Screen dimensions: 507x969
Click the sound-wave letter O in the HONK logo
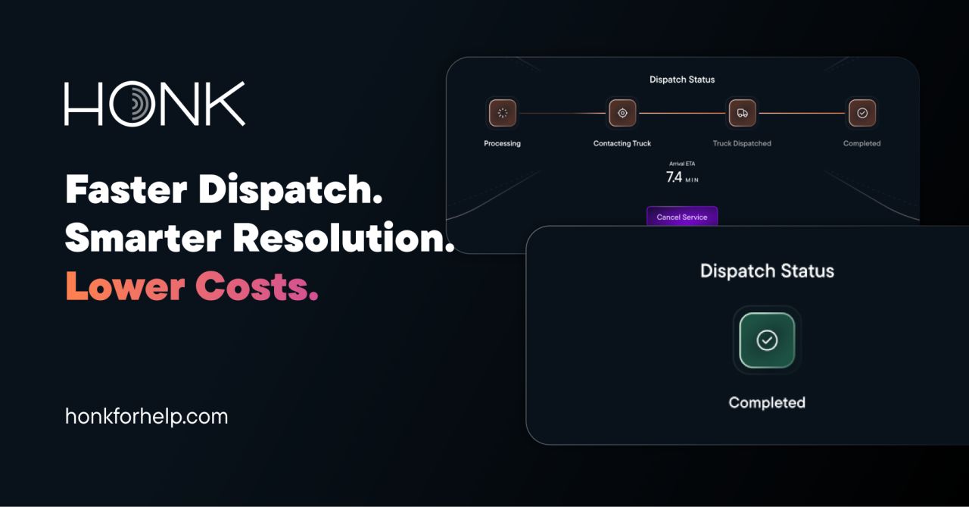point(133,105)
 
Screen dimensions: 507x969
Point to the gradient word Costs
point(257,287)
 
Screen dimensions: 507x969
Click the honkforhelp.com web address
point(146,416)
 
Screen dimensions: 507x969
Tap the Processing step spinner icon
point(503,113)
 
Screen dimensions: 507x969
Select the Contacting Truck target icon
point(622,113)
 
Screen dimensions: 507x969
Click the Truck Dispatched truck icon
point(742,113)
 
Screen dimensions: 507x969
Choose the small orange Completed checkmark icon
point(862,113)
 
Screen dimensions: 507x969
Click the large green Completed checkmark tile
point(767,340)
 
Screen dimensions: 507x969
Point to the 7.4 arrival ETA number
point(674,177)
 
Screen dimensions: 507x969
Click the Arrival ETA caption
point(682,164)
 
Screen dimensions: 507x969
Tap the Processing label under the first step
point(503,143)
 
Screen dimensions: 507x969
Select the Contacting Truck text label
point(622,143)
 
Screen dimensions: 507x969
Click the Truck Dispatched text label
point(742,143)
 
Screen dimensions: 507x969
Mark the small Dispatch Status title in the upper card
point(682,80)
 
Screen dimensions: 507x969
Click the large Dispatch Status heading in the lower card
point(767,271)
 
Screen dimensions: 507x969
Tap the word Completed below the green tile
point(767,402)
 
